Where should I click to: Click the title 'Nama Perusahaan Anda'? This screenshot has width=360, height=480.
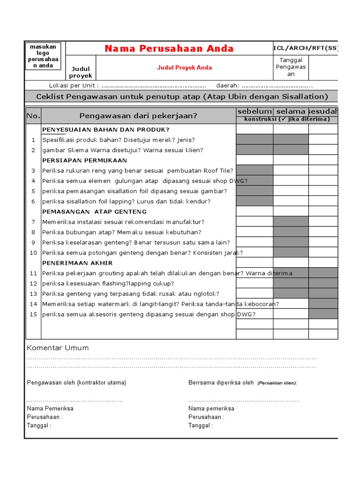click(x=169, y=49)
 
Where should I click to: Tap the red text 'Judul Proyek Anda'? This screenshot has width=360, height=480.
click(x=184, y=67)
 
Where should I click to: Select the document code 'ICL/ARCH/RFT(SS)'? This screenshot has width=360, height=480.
click(x=305, y=48)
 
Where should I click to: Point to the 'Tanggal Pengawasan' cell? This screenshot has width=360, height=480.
click(x=291, y=67)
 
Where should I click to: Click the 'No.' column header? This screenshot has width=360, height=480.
click(x=33, y=116)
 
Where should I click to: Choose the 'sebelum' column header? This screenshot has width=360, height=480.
click(x=255, y=112)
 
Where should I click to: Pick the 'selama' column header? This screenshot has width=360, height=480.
click(x=291, y=112)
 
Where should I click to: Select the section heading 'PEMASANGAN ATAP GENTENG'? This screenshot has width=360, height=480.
click(x=94, y=212)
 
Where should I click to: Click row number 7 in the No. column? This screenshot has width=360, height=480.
click(x=33, y=222)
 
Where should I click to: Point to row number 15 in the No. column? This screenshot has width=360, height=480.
click(x=33, y=314)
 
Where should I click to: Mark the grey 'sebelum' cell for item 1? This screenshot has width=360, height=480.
click(x=255, y=140)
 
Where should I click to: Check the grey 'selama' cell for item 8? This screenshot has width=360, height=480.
click(x=291, y=232)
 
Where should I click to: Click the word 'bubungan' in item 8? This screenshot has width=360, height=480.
click(x=78, y=232)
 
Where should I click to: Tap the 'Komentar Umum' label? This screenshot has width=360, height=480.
click(x=58, y=348)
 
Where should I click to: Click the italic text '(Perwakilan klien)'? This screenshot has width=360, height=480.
click(x=277, y=383)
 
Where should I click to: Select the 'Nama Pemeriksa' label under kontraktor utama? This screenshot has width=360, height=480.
click(x=50, y=408)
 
